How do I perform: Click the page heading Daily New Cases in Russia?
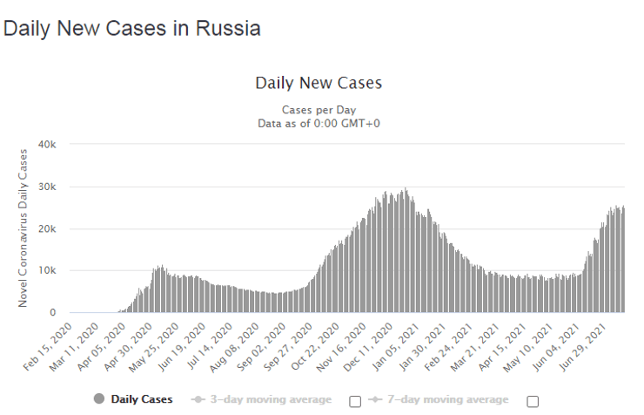pos(132,28)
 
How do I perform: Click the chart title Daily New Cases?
pos(319,84)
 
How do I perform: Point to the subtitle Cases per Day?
pos(319,110)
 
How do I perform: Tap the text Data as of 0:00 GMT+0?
pos(319,123)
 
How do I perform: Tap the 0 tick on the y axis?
pos(53,312)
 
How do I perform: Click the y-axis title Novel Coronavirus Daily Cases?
pos(23,228)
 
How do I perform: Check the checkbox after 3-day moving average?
pos(355,401)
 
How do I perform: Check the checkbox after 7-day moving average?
pos(533,401)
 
